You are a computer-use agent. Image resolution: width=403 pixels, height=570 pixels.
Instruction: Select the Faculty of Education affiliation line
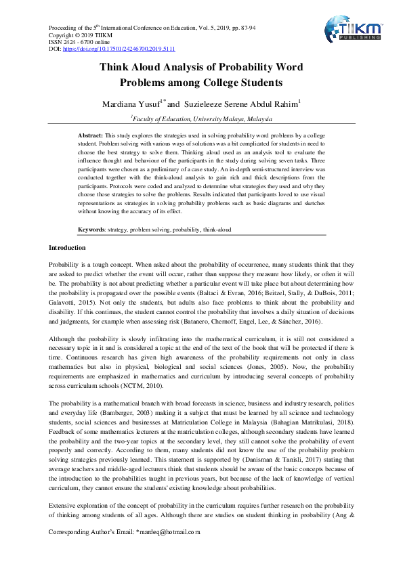tap(201, 118)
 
